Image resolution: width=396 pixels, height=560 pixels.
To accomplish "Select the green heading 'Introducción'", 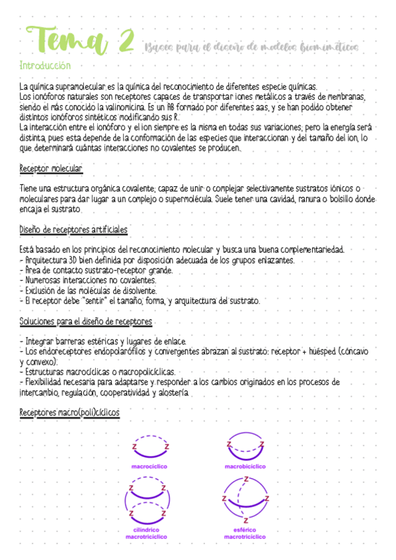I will pos(45,66).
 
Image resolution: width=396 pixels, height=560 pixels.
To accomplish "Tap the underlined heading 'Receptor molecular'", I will pos(51,170).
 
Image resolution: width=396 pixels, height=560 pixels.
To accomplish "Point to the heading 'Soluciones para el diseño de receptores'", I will pos(86,322).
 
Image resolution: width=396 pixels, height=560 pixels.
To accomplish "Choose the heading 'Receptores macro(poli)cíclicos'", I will pos(69,412).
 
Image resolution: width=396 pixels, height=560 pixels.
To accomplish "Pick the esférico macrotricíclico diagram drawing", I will pos(245,503).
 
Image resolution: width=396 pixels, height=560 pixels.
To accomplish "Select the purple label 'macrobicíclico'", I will pos(245,466).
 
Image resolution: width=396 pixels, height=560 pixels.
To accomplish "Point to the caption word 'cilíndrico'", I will pos(149,530).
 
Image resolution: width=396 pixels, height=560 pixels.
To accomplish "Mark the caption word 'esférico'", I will pos(245,530).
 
